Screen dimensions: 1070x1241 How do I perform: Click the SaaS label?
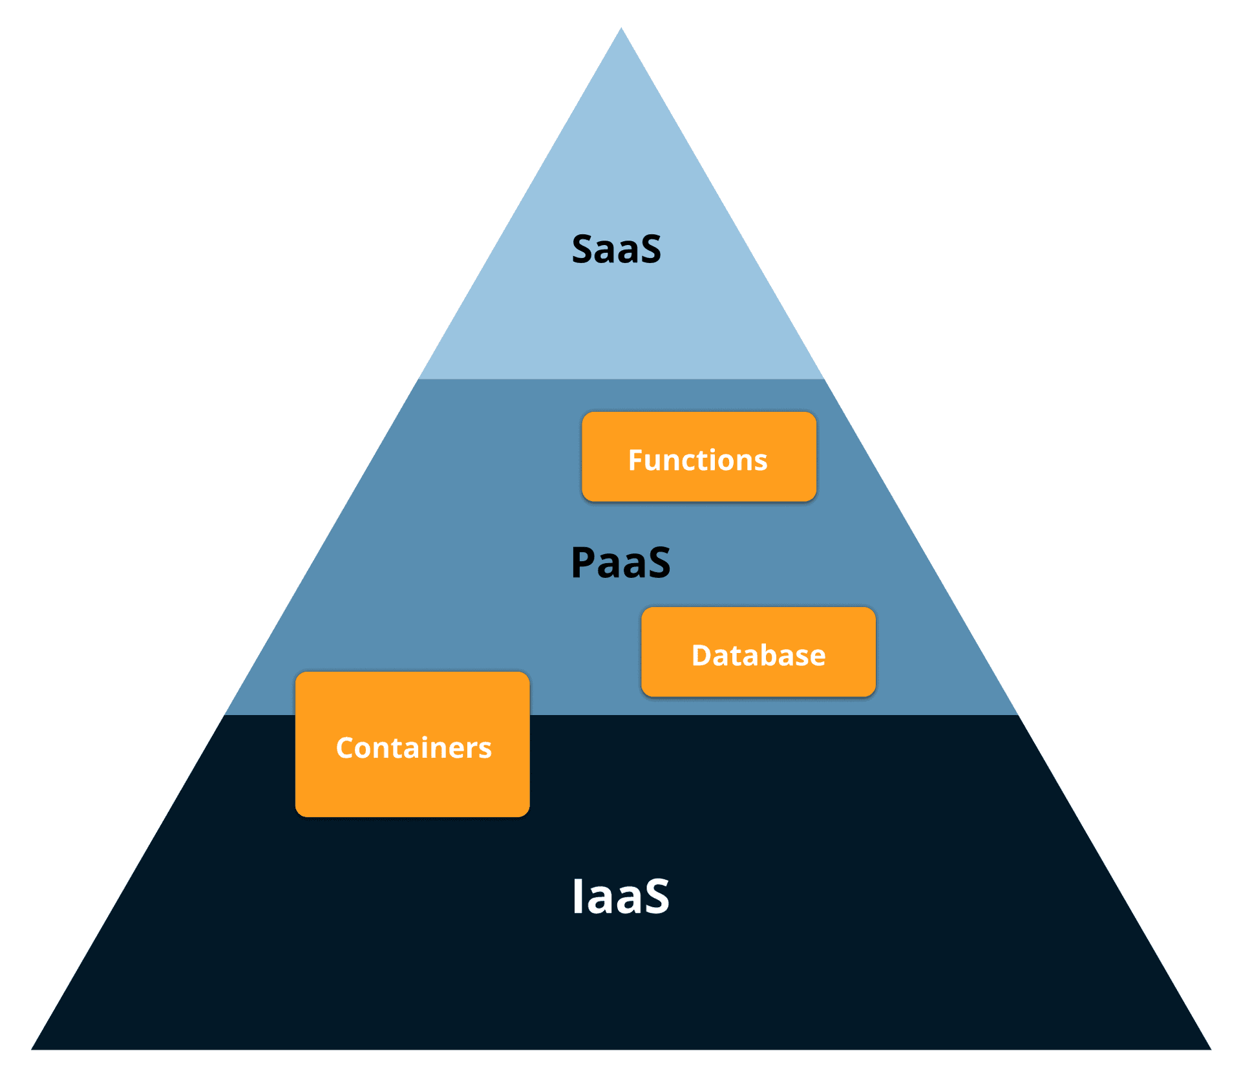[x=616, y=250]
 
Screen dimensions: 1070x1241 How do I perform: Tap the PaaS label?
[x=620, y=562]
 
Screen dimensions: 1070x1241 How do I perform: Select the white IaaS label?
[x=620, y=896]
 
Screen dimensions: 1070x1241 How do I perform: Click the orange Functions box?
[x=699, y=456]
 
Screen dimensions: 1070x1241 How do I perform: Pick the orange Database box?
[x=758, y=652]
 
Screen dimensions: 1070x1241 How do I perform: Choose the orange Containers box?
[x=412, y=744]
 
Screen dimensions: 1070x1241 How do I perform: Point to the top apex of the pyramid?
[x=621, y=29]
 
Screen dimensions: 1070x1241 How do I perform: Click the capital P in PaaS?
[x=584, y=562]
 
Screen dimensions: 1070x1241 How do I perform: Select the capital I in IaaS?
[x=578, y=896]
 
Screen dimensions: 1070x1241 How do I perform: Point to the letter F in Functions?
[x=636, y=460]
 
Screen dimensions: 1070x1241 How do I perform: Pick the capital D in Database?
[x=701, y=656]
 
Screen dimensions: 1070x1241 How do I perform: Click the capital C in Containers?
[x=345, y=748]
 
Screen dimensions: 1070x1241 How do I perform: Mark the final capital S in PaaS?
[x=656, y=562]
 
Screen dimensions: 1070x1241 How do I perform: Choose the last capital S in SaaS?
[x=648, y=250]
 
